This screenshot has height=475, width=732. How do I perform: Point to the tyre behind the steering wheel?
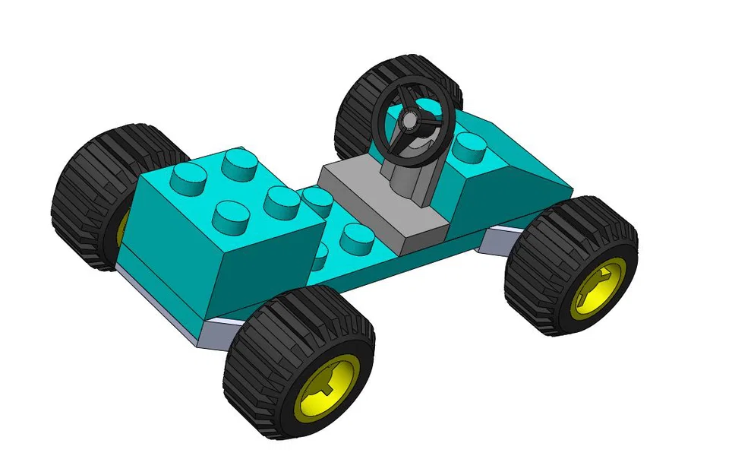click(357, 106)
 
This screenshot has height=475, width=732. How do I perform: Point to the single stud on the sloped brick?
click(471, 145)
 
